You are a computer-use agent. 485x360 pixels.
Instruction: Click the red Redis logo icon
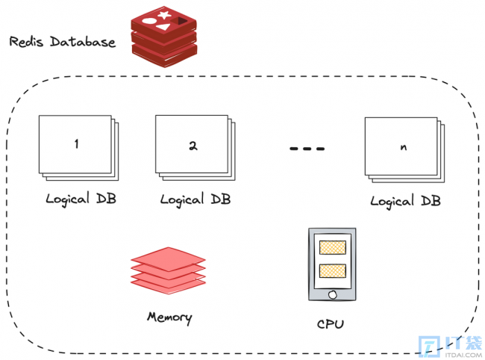pyautogui.click(x=164, y=37)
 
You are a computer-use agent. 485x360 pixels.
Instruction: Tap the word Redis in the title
pyautogui.click(x=26, y=42)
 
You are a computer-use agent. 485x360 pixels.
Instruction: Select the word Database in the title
pyautogui.click(x=83, y=42)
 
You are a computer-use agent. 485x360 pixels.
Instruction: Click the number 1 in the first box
pyautogui.click(x=76, y=143)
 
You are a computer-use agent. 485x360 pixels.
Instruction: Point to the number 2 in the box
pyautogui.click(x=193, y=146)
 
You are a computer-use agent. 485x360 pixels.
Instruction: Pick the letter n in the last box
pyautogui.click(x=404, y=147)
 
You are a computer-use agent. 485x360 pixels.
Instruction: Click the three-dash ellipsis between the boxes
pyautogui.click(x=307, y=149)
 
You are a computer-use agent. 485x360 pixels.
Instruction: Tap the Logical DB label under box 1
pyautogui.click(x=81, y=199)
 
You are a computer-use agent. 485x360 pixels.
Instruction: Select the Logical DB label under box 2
pyautogui.click(x=195, y=199)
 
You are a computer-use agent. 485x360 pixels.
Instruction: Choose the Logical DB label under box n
pyautogui.click(x=405, y=202)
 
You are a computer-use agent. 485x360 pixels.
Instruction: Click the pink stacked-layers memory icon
pyautogui.click(x=169, y=270)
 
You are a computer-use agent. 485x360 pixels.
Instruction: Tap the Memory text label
pyautogui.click(x=169, y=317)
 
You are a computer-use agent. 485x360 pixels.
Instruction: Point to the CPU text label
pyautogui.click(x=331, y=324)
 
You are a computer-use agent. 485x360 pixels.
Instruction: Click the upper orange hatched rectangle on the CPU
pyautogui.click(x=333, y=247)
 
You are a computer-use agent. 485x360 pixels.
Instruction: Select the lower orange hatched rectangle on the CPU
pyautogui.click(x=333, y=271)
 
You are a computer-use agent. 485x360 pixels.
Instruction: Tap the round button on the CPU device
pyautogui.click(x=333, y=295)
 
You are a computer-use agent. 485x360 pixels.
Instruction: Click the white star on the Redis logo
pyautogui.click(x=164, y=15)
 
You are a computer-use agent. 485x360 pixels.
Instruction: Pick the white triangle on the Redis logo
pyautogui.click(x=163, y=27)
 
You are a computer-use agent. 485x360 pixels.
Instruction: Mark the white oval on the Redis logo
pyautogui.click(x=148, y=22)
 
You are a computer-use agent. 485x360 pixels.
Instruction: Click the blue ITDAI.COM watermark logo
pyautogui.click(x=451, y=347)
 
